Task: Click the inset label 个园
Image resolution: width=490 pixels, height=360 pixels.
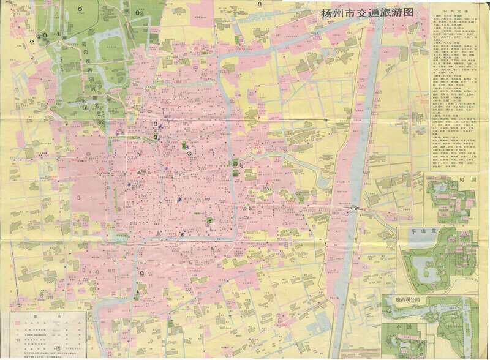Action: pos(401,327)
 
